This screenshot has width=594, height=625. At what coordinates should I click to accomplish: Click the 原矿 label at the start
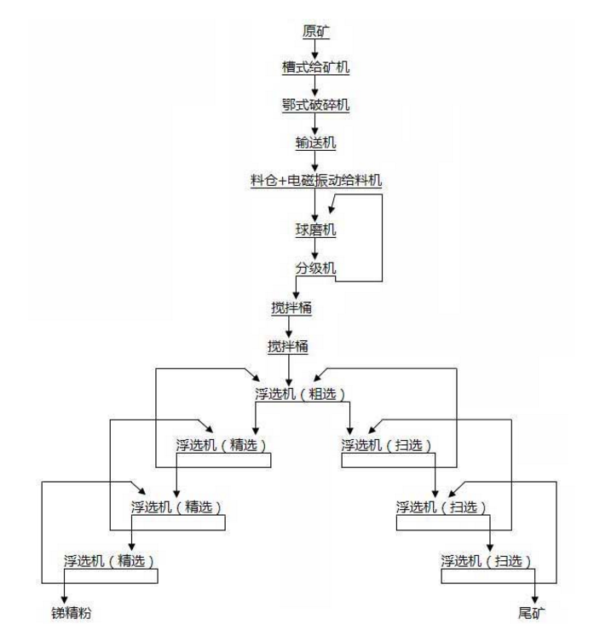click(x=315, y=32)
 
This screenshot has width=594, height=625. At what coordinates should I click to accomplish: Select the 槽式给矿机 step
click(x=315, y=67)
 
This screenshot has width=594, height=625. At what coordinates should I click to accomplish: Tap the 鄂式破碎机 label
click(x=315, y=106)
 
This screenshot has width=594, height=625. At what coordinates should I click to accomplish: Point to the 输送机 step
click(x=314, y=142)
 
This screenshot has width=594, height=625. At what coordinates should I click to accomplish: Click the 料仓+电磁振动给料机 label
click(x=314, y=182)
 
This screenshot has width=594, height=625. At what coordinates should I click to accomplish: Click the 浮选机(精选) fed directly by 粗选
click(x=218, y=445)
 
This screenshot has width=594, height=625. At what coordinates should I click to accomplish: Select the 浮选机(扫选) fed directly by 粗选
click(x=386, y=445)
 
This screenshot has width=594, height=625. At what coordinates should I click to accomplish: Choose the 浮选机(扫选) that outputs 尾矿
click(x=486, y=560)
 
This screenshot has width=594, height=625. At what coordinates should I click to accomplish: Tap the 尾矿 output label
click(x=531, y=612)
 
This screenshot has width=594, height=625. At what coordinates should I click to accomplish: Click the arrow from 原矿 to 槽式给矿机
click(x=315, y=49)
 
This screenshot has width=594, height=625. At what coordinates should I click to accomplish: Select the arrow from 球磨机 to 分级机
click(x=314, y=248)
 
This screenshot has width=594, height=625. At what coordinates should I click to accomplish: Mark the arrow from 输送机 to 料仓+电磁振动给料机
click(x=314, y=162)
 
